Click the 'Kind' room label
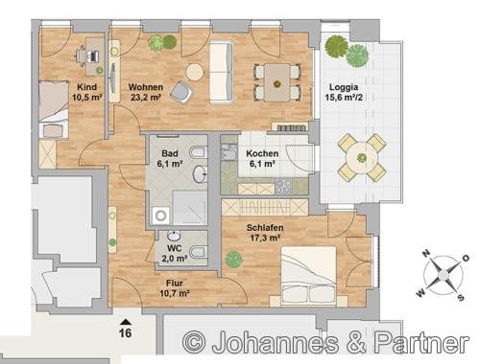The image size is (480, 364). [x=86, y=87]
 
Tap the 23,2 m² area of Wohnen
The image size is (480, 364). [x=146, y=98]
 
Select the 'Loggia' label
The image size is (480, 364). [x=344, y=87]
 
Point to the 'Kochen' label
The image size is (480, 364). [x=262, y=153]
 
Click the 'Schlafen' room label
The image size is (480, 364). [x=265, y=228]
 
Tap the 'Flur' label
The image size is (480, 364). [x=175, y=283]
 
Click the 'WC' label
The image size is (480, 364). [x=175, y=248]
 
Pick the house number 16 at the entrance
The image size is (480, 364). [x=125, y=333]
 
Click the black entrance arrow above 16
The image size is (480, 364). [x=126, y=322]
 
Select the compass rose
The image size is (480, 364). [x=444, y=275]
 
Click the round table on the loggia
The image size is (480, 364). [x=362, y=157]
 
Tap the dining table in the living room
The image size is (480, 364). [x=277, y=82]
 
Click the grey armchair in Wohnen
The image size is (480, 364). [x=181, y=93]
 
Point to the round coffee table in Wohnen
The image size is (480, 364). [x=195, y=73]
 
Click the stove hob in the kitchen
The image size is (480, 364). [x=283, y=186]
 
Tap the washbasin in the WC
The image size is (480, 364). [x=174, y=237]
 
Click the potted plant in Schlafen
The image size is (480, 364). [x=233, y=260]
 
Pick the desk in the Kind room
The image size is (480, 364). [x=94, y=57]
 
